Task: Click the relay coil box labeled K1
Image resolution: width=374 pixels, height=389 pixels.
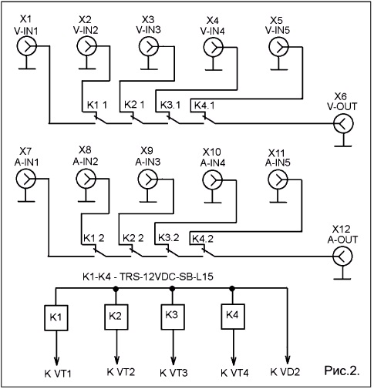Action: tap(56, 317)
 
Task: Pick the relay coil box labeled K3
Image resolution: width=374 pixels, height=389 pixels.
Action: tap(173, 317)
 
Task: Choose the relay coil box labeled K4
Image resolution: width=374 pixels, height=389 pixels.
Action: tap(233, 317)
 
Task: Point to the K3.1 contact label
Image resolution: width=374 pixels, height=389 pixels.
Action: tap(170, 105)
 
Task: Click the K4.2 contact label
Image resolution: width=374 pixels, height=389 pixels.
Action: tap(203, 239)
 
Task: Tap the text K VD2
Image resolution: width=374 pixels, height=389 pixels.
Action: tap(285, 372)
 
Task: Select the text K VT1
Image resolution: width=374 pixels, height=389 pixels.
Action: tap(58, 374)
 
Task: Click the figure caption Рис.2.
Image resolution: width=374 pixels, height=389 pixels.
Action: tap(342, 371)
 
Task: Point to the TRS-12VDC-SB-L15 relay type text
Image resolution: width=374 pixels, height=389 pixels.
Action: tap(167, 277)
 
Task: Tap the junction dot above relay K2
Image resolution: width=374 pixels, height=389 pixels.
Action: tap(116, 289)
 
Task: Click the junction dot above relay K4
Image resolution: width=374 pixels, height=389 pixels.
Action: tap(232, 289)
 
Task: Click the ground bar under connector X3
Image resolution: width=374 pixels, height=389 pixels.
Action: tap(149, 69)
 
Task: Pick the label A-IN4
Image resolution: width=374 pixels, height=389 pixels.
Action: tap(213, 163)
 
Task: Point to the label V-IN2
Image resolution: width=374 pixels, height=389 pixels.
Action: tap(86, 30)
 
